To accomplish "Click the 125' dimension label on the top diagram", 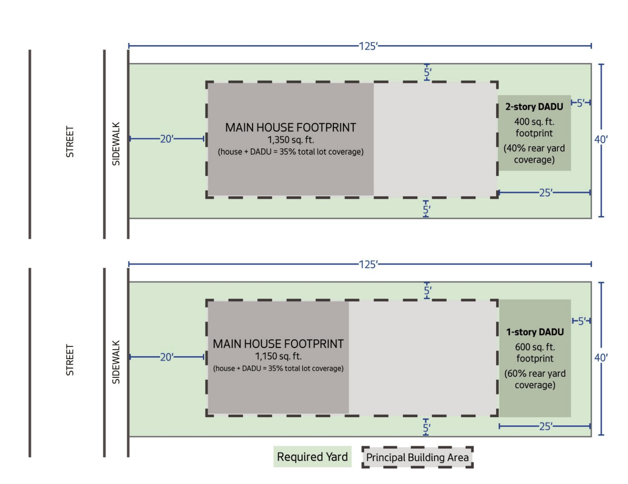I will pos(368,46).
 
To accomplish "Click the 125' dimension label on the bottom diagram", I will pos(368,264).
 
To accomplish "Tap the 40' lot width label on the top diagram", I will pos(601,140).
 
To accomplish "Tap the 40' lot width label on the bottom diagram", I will pos(601,358).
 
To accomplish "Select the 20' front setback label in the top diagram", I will pos(166,139).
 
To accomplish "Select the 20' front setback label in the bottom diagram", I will pos(166,357).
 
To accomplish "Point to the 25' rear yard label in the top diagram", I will pos(546,193).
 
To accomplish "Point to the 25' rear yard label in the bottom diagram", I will pos(546,426).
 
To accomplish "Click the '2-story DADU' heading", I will pos(534,107).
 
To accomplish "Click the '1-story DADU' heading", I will pos(535,332).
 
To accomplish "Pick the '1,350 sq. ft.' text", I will pos(290,140).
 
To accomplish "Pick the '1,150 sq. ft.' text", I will pos(278,356).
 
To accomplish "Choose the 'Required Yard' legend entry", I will pos(312,457).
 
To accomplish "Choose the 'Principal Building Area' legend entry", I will pos(417,457).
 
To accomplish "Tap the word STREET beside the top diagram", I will pos(70,142).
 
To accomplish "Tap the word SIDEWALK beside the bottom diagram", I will pos(116,362).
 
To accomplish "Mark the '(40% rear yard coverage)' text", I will pos(534,154).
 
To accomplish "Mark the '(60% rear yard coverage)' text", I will pos(535,379).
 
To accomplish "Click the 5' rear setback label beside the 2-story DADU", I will pos(581,103).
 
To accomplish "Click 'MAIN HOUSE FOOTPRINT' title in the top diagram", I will pos(290,128).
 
